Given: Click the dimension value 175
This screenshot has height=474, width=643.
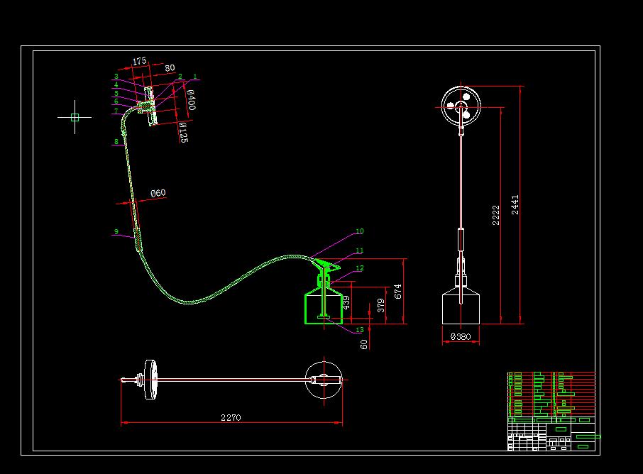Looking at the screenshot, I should (x=139, y=62).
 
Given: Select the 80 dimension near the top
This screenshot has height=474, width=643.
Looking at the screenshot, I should (x=170, y=68).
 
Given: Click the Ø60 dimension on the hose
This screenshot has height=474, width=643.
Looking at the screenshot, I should (x=158, y=193).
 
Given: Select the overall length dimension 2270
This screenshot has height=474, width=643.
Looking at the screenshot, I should (x=231, y=417).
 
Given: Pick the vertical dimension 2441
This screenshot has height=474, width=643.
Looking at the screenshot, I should (x=515, y=204).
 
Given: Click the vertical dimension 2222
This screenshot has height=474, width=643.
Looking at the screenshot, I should (x=496, y=215).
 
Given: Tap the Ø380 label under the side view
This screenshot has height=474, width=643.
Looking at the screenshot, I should (x=461, y=338).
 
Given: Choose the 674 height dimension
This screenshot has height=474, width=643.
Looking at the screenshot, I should (x=398, y=291).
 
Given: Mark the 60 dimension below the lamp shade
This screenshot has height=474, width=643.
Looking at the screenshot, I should (x=364, y=343).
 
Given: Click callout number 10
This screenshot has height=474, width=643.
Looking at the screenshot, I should (x=359, y=231).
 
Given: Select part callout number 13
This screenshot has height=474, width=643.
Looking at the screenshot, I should (x=359, y=330).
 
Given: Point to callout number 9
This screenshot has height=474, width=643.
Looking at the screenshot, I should (x=116, y=231).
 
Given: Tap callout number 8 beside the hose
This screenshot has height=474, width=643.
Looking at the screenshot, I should (x=116, y=142).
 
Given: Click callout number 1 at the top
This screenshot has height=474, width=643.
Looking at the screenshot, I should (x=194, y=77).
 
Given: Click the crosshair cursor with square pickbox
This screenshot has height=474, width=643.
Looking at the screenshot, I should (x=75, y=118).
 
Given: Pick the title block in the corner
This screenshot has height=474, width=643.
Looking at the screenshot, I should (x=551, y=411).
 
